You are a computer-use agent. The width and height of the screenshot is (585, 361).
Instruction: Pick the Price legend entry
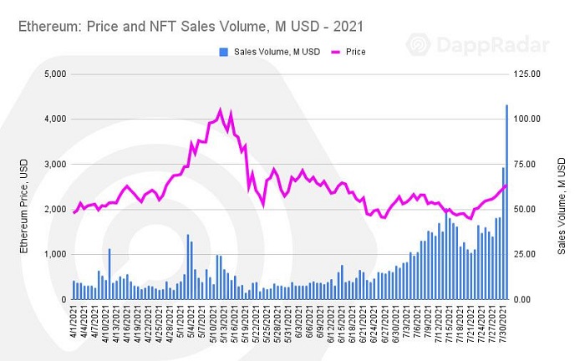[345, 52]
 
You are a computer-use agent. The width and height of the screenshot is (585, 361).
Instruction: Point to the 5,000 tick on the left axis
[53, 74]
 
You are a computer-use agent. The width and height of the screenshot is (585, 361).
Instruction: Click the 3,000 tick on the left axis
[53, 164]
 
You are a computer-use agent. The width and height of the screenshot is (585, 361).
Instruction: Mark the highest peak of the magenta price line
[220, 109]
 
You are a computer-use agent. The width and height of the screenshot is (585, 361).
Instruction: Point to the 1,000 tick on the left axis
[53, 254]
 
